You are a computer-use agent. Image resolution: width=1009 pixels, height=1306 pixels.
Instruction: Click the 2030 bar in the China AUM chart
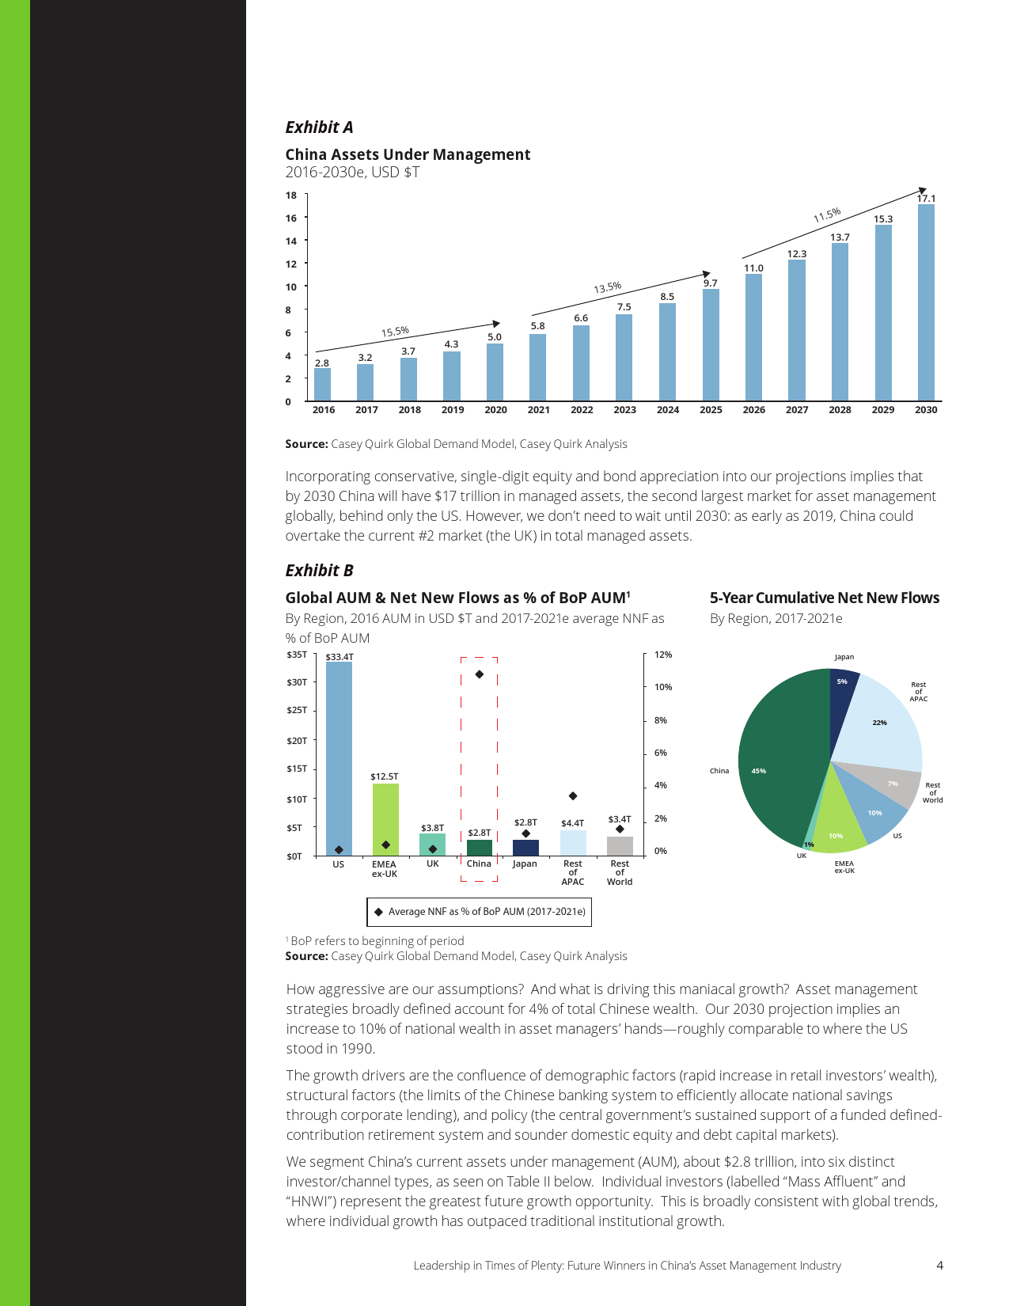click(926, 302)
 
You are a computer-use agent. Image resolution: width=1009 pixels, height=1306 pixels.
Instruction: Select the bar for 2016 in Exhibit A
click(323, 385)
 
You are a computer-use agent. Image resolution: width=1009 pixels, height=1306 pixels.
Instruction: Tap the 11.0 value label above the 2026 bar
click(753, 268)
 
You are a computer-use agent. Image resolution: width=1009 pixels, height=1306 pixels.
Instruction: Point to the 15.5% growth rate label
click(395, 332)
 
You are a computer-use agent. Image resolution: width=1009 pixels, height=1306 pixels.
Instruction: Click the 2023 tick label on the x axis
click(624, 410)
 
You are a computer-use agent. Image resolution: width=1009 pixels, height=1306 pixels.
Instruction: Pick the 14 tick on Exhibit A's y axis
click(291, 241)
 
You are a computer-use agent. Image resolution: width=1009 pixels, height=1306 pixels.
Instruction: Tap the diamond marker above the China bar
click(480, 674)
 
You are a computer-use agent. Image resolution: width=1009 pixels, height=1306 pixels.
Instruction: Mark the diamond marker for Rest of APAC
click(573, 795)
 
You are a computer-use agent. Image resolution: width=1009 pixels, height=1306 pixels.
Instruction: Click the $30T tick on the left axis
click(297, 682)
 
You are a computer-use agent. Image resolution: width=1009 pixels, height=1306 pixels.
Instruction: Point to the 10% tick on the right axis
click(663, 687)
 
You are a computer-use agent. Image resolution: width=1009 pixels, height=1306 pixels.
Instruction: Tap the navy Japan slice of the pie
click(841, 693)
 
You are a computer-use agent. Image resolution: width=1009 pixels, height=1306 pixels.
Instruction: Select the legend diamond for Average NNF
click(378, 912)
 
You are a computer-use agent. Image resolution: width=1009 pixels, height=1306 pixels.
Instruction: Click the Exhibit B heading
click(319, 571)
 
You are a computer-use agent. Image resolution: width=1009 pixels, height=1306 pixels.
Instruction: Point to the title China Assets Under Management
click(408, 154)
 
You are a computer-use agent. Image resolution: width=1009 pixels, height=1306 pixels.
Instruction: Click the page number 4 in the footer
click(939, 1266)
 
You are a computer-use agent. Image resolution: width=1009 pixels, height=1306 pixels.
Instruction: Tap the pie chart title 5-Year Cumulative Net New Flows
click(824, 598)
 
